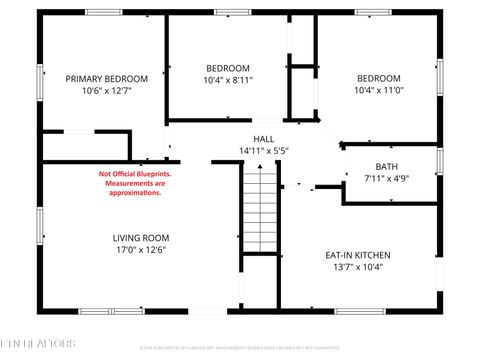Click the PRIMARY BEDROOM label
coord(106,79)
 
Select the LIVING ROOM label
coord(139,237)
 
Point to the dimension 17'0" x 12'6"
coord(139,250)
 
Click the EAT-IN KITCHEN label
coord(356,255)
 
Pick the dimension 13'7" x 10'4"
coord(356,268)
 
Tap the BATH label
coord(386,167)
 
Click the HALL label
coord(264,139)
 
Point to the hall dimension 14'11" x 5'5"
coord(264,151)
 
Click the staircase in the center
coord(260,209)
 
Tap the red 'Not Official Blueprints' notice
coord(135,183)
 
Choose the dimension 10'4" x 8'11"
coord(228,80)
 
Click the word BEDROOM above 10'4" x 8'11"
coord(228,68)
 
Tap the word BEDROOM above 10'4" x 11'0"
coord(380,79)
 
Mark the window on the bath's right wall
coord(439,160)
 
